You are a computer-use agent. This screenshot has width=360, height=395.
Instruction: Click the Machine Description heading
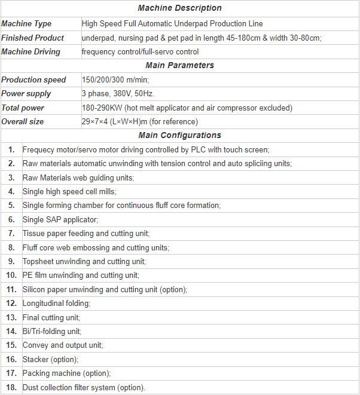tap(179, 8)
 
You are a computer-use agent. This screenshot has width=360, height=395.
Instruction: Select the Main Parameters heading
tap(179, 65)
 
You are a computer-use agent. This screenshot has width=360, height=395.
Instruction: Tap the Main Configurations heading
tap(179, 135)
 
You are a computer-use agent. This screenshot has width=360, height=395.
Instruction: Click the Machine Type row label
tap(26, 24)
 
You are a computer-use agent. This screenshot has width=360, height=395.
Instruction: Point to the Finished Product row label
tap(32, 38)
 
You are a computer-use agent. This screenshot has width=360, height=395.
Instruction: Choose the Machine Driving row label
tap(30, 52)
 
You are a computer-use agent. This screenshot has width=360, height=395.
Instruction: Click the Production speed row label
tap(34, 79)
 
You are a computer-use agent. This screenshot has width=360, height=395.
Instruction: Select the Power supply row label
tap(26, 94)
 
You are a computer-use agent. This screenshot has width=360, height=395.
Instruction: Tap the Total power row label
tap(23, 108)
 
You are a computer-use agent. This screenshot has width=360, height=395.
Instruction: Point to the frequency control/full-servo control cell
tap(140, 52)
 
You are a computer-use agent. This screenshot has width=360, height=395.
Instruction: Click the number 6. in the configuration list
tap(11, 219)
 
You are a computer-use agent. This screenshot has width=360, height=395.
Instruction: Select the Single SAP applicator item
tap(60, 219)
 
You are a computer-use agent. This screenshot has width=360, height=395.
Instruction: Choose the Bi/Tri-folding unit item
tap(51, 331)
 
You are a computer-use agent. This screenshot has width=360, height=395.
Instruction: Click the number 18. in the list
tap(11, 387)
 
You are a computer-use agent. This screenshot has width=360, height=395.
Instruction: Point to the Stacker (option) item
tap(50, 359)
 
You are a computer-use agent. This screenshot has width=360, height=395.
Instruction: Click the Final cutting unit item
tap(51, 317)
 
